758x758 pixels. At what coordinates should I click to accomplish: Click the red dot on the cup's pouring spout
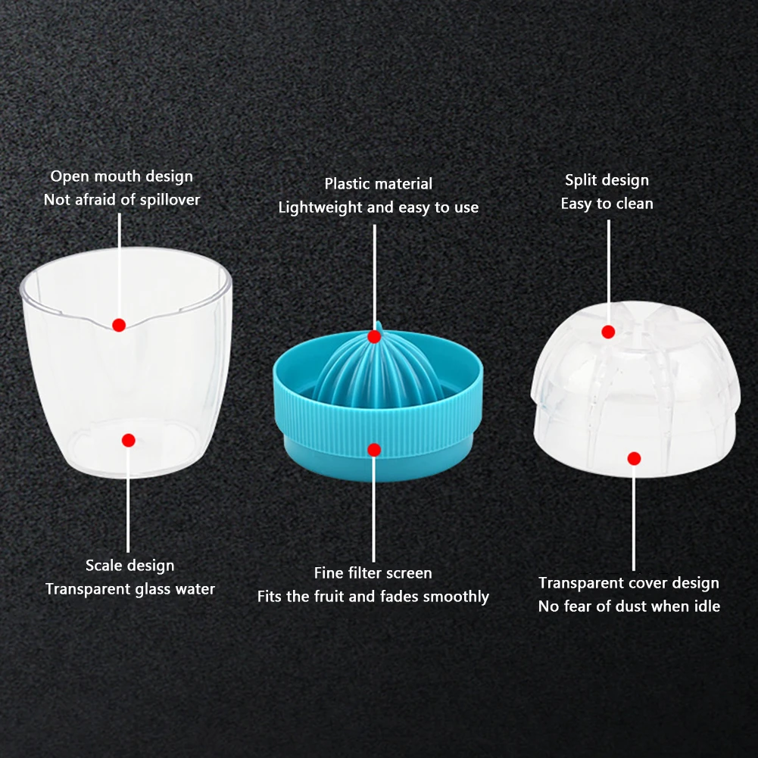click(119, 325)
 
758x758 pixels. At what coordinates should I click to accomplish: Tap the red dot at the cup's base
click(129, 440)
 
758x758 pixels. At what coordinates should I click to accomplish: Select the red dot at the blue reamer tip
click(374, 336)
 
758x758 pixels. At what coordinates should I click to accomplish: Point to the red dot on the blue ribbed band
click(374, 450)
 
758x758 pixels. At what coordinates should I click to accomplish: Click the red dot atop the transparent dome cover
click(608, 332)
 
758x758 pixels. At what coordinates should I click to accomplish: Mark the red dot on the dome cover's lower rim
click(635, 458)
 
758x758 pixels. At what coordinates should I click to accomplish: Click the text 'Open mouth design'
click(122, 176)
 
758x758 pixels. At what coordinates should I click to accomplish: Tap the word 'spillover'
click(170, 200)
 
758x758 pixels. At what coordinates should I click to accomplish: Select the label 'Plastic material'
click(379, 184)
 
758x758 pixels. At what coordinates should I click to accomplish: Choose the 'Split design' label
click(607, 180)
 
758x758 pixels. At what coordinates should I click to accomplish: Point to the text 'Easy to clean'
click(607, 204)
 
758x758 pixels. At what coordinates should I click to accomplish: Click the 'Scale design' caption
click(130, 566)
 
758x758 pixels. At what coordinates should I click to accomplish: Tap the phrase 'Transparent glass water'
click(130, 589)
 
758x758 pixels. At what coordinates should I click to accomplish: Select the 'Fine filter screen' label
click(373, 572)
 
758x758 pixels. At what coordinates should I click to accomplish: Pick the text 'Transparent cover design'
click(629, 583)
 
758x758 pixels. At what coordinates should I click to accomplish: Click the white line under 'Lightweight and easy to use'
click(375, 278)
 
